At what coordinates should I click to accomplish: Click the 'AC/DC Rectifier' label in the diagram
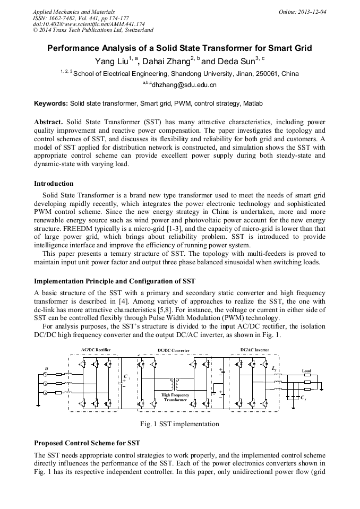[x=96, y=350]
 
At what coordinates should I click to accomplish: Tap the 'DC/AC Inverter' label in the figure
[x=254, y=350]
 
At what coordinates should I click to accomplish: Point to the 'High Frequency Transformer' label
[x=175, y=398]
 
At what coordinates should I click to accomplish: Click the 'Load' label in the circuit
[x=306, y=370]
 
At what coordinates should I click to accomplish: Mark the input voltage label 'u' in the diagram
[x=46, y=367]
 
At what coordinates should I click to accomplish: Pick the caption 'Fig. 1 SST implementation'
[x=179, y=424]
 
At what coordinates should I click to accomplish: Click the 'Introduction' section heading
[x=54, y=184]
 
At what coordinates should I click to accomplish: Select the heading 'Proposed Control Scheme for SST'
[x=87, y=443]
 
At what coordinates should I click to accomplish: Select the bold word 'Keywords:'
[x=51, y=103]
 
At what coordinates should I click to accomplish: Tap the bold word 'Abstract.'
[x=49, y=122]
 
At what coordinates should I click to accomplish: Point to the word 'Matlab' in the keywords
[x=253, y=103]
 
